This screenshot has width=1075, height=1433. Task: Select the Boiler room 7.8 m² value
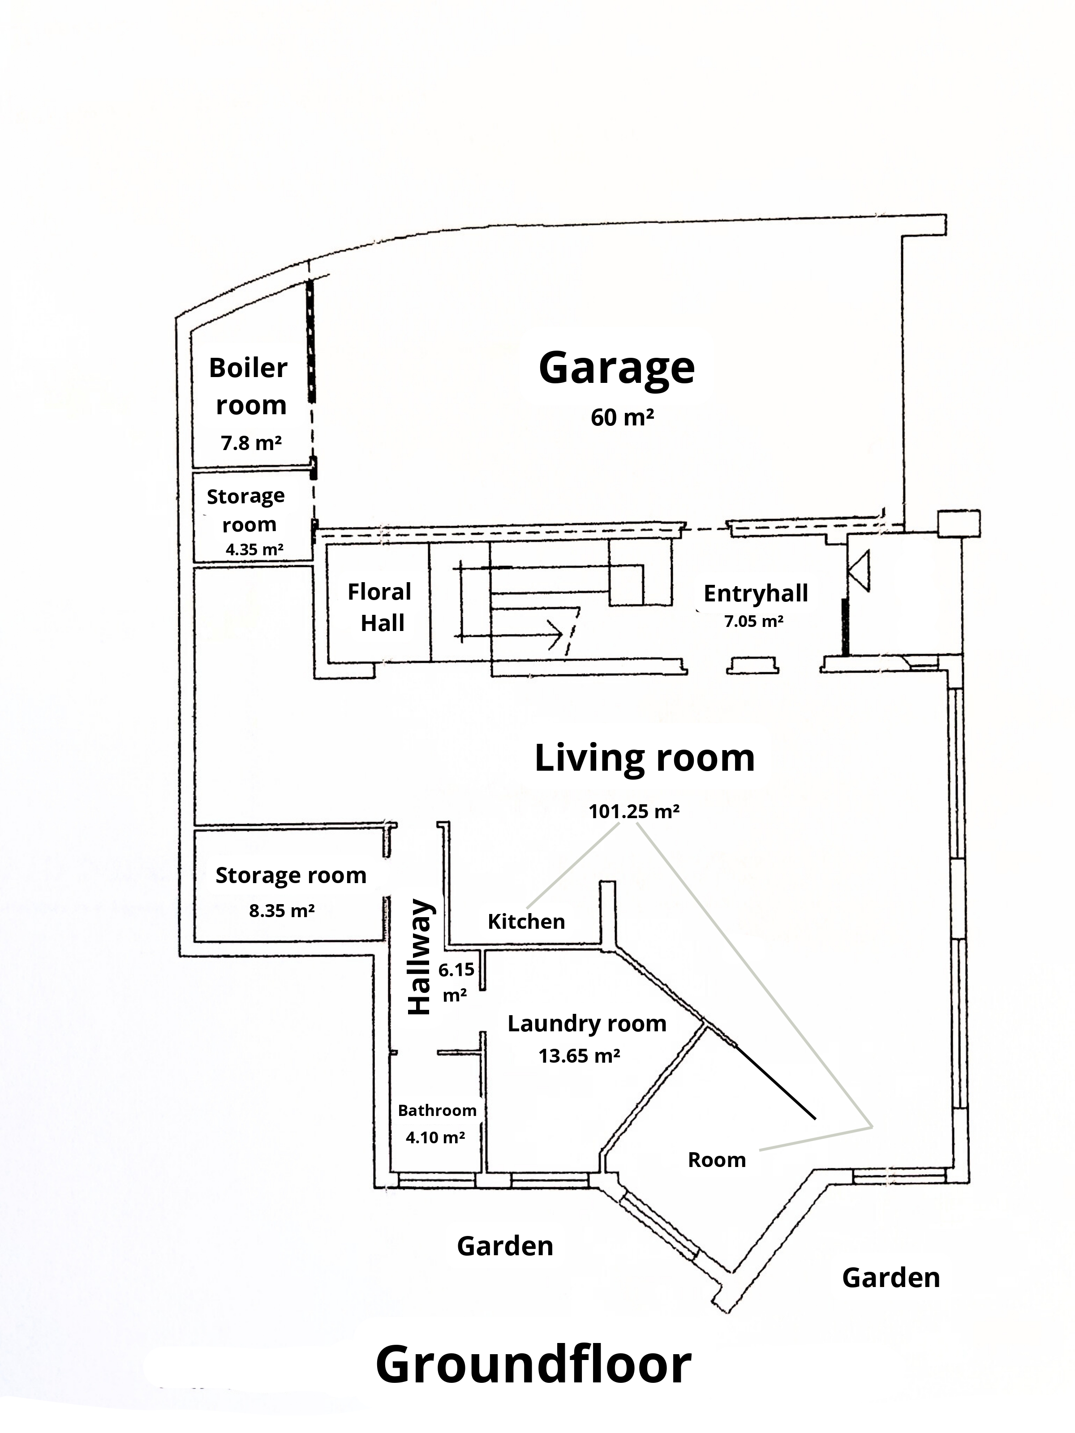pyautogui.click(x=251, y=443)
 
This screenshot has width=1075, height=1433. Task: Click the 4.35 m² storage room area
pyautogui.click(x=254, y=550)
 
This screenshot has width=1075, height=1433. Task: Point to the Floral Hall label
pyautogui.click(x=380, y=607)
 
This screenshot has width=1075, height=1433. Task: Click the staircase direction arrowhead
pyautogui.click(x=556, y=634)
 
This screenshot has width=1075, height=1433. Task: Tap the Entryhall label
pyautogui.click(x=756, y=593)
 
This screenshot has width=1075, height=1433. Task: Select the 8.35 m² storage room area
pyautogui.click(x=282, y=911)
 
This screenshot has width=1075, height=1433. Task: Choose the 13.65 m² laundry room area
pyautogui.click(x=579, y=1056)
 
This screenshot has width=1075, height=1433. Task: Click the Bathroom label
pyautogui.click(x=437, y=1111)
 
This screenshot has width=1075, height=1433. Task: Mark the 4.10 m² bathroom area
pyautogui.click(x=435, y=1137)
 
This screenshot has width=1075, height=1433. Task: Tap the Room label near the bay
pyautogui.click(x=716, y=1160)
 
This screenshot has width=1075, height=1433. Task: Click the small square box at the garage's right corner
pyautogui.click(x=959, y=522)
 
